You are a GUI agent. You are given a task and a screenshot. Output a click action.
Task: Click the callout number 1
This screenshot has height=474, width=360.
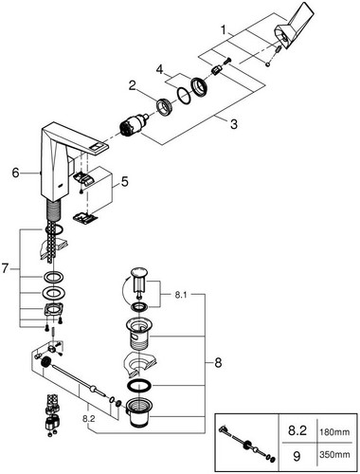coord(224,30)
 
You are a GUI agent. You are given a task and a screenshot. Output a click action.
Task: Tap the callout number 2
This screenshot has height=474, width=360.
coord(133,85)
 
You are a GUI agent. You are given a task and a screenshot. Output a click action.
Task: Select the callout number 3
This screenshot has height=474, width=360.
coord(233,124)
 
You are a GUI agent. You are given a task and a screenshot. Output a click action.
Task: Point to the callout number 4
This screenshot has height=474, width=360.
coord(160,69)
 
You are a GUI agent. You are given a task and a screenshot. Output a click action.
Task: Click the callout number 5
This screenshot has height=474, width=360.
coord(125,182)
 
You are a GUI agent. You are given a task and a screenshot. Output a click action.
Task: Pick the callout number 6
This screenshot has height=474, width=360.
coord(15,173)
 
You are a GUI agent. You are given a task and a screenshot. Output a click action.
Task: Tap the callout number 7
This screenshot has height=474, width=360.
coord(5,268)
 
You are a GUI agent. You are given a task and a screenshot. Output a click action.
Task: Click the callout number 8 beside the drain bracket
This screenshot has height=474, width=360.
coord(218,363)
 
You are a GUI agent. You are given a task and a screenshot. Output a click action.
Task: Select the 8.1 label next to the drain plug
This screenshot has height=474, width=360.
coord(181,295)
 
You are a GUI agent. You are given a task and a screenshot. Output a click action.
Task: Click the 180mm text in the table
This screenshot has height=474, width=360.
coord(335,431)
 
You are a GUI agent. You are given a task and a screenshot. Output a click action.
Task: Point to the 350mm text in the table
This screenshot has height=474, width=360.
coord(335,455)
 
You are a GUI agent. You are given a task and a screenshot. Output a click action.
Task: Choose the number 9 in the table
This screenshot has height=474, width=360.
coord(297,456)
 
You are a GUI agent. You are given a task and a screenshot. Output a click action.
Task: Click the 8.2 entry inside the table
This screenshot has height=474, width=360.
coord(297,431)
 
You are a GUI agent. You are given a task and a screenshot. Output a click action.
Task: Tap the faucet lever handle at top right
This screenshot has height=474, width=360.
coord(295,27)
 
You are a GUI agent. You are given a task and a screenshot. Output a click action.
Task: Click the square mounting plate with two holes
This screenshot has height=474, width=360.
coord(54,310)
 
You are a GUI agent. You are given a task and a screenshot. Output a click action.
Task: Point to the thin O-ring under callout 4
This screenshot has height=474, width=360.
coord(184,95)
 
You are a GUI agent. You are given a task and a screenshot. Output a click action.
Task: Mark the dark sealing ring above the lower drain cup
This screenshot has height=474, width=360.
coord(139,387)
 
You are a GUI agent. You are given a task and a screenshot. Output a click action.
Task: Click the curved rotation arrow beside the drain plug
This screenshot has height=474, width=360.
coord(124,287)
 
